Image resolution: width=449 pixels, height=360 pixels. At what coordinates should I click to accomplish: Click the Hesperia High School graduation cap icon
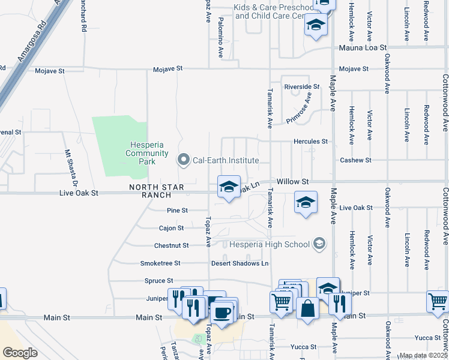(319, 244)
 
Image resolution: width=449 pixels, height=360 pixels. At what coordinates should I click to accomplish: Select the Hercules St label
(310, 142)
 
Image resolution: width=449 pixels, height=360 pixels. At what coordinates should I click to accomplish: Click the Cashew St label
(356, 160)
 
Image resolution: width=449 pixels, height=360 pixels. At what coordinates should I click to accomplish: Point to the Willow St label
(292, 181)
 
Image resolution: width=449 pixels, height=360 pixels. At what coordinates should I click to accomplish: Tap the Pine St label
(178, 211)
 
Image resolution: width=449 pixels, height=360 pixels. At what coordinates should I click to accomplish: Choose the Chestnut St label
(171, 245)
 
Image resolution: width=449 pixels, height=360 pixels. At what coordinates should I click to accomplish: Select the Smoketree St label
(160, 263)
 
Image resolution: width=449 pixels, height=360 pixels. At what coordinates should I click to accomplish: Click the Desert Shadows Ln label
(240, 263)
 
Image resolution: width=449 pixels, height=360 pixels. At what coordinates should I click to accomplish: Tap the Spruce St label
(158, 280)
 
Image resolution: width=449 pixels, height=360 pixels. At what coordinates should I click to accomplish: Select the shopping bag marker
(307, 308)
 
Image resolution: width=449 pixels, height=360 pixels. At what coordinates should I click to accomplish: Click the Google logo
(20, 353)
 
